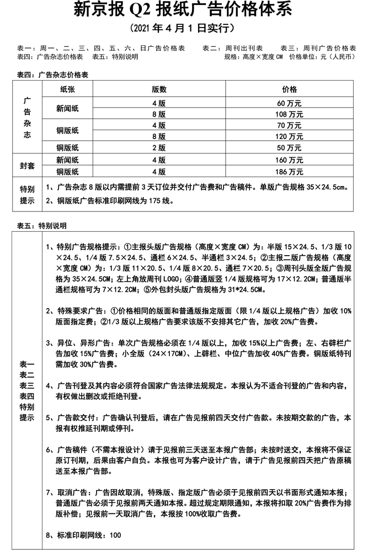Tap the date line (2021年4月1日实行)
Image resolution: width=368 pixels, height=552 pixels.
[184, 28]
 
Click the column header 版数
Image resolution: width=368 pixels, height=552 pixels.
[159, 89]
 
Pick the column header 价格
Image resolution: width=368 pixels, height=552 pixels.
[289, 89]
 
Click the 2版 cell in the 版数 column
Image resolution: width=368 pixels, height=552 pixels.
[159, 147]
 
